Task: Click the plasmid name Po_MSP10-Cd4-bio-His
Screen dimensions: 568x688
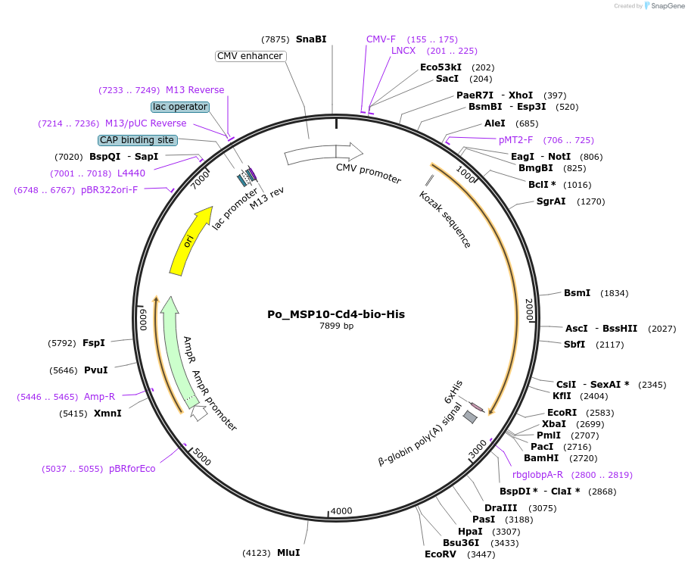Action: [x=335, y=314]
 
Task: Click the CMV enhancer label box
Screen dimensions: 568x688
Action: [x=250, y=56]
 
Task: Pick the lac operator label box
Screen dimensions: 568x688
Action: [x=179, y=107]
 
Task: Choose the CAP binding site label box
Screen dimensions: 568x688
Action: [x=137, y=140]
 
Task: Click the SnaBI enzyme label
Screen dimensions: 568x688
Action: [x=311, y=39]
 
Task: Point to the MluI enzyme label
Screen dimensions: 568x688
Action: [x=288, y=553]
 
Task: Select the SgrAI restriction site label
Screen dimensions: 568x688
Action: [x=551, y=201]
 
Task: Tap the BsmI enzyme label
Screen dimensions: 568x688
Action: [x=575, y=293]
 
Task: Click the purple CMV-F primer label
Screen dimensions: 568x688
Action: [x=381, y=39]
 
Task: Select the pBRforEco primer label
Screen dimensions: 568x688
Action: [x=132, y=469]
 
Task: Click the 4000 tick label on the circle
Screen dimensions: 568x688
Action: [x=342, y=511]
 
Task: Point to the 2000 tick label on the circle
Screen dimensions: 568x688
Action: [x=530, y=309]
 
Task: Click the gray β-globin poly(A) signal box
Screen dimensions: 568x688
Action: [x=471, y=417]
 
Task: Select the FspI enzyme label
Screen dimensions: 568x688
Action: [x=94, y=343]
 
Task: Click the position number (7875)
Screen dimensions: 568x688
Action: [x=276, y=39]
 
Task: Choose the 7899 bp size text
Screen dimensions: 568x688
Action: [x=336, y=326]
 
